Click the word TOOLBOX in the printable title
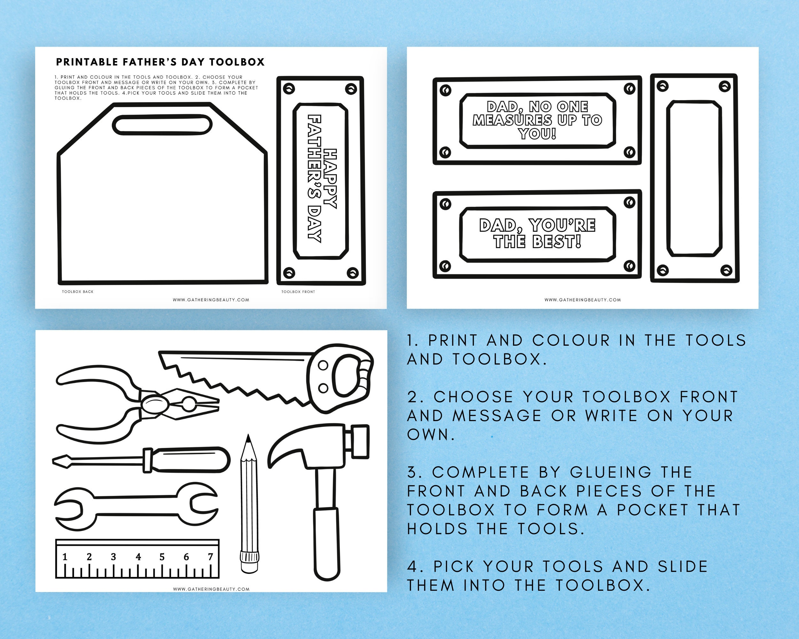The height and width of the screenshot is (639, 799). [237, 62]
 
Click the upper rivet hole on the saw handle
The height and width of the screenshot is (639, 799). [323, 366]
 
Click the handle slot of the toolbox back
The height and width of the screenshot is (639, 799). [162, 125]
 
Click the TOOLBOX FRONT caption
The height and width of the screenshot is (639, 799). [298, 291]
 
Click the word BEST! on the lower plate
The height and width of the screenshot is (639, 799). [557, 242]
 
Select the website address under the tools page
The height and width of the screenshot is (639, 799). [211, 589]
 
